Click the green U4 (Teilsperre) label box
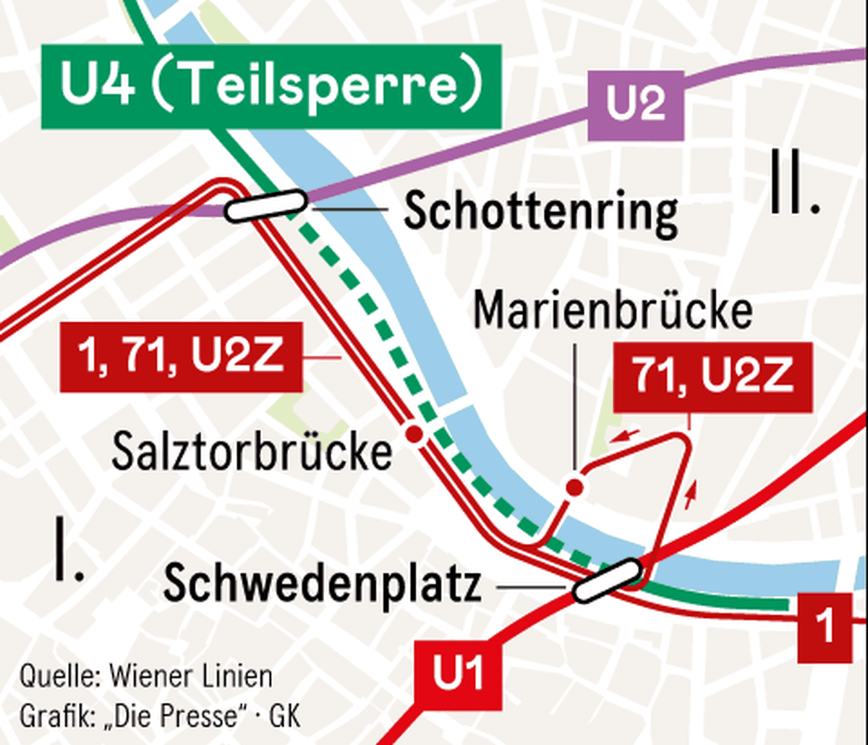point(271,87)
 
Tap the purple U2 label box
point(635,106)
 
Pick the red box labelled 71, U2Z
point(712,377)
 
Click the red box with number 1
point(825,627)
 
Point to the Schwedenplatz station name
point(323,584)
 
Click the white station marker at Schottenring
point(265,205)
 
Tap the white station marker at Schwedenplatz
point(608,580)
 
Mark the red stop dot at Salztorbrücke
point(414,434)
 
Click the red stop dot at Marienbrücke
point(575,488)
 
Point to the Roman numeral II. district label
point(794,182)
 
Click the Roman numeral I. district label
point(69,551)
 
